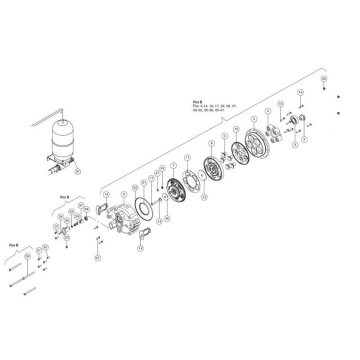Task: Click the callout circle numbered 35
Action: (x=323, y=79)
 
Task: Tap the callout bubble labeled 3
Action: (x=294, y=144)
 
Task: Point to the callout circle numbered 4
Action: (x=268, y=110)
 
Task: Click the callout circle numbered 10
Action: (x=236, y=129)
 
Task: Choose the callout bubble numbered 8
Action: (x=211, y=143)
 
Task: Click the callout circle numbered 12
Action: (x=203, y=197)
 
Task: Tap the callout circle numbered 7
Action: (x=173, y=164)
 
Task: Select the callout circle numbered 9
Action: (x=124, y=193)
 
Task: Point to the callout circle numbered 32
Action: (x=134, y=187)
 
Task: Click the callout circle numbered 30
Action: (x=27, y=256)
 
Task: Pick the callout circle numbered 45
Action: (x=167, y=218)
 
